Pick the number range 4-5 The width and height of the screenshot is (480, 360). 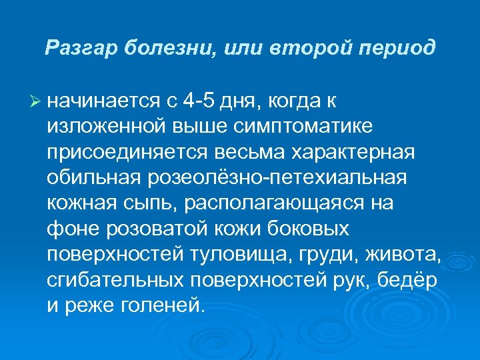[201, 101]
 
